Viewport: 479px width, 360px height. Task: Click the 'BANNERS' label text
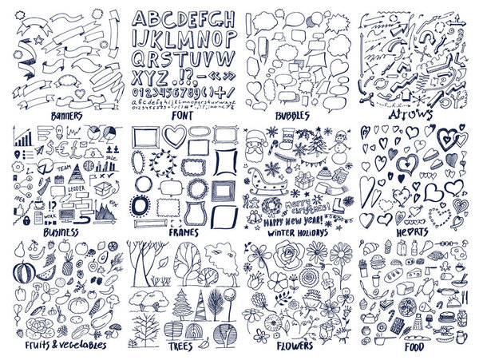[x=65, y=116]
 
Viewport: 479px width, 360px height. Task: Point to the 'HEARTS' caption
[x=410, y=232]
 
